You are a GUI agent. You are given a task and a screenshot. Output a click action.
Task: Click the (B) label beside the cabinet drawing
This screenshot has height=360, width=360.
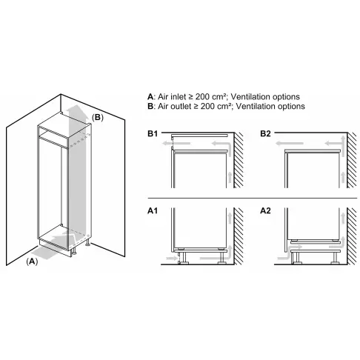pos(98,117)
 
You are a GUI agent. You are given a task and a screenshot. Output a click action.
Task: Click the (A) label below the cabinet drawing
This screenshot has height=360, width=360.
pos(32,262)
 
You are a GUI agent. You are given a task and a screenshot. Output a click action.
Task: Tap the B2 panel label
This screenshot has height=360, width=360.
pos(264,133)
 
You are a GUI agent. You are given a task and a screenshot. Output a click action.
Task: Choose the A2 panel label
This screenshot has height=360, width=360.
pos(264,211)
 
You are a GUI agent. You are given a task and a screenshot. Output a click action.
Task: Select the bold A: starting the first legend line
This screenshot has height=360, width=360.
pos(151,96)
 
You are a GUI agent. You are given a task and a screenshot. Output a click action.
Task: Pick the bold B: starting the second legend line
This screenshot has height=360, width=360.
pos(151,107)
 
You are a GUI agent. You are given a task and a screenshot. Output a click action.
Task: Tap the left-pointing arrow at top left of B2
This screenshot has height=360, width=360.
pos(295,139)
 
